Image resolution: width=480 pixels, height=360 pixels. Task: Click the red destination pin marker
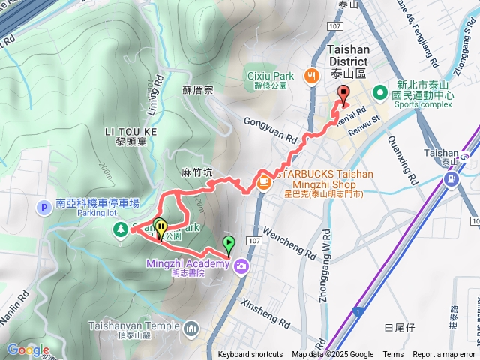(344, 95)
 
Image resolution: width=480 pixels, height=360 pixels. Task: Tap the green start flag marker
(228, 244)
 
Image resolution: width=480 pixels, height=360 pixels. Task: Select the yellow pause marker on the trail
(160, 226)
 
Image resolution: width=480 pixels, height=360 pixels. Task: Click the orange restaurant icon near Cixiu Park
(310, 76)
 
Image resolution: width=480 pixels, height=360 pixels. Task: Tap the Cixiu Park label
(271, 76)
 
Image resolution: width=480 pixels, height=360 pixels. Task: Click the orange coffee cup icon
(264, 181)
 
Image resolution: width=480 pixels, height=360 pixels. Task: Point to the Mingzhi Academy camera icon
(241, 265)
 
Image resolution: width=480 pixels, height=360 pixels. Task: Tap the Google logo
(28, 349)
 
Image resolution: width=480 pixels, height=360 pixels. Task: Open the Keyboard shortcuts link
(250, 355)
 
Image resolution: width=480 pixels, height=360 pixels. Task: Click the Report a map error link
(444, 355)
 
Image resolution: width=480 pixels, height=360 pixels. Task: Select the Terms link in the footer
(393, 355)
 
